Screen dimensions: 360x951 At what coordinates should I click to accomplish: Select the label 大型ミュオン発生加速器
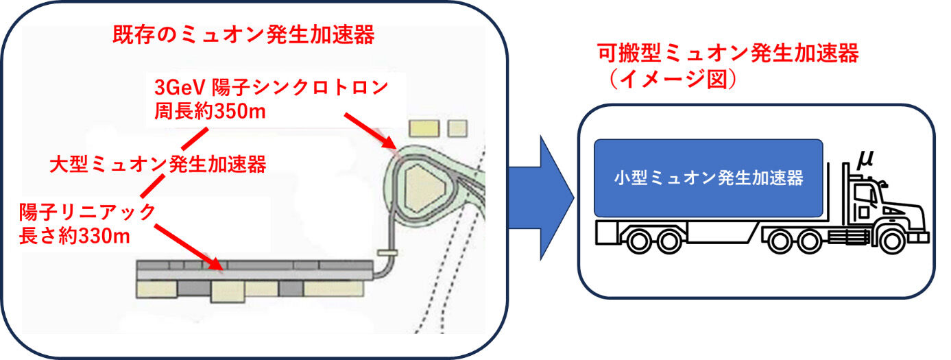point(158,164)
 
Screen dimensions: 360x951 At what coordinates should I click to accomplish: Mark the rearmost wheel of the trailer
point(640,241)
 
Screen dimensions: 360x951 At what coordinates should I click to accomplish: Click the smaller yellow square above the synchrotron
point(457,128)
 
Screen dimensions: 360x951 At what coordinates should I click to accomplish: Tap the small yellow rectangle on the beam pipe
point(388,252)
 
